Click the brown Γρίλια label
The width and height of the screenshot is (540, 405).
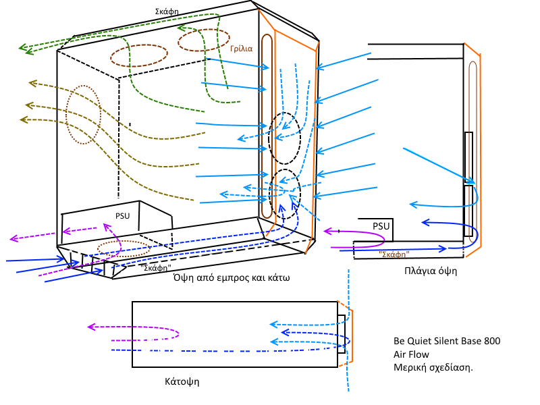[x=241, y=49]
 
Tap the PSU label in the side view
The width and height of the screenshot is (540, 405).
[x=381, y=226]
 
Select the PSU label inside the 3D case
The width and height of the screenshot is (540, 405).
[x=122, y=216]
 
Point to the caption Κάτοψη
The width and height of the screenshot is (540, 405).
[x=182, y=381]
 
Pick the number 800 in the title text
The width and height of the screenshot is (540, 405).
[x=489, y=342]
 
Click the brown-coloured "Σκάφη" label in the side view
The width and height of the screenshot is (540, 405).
[x=393, y=254]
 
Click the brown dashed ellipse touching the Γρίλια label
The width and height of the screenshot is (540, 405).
[x=204, y=40]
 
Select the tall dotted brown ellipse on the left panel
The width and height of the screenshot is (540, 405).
[x=83, y=114]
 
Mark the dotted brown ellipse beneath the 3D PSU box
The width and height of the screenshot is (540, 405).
[x=122, y=249]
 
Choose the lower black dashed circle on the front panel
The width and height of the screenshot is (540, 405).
[x=284, y=193]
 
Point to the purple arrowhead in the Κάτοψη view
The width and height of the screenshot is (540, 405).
[x=91, y=327]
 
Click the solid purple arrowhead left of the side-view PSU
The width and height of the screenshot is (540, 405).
[x=327, y=231]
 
